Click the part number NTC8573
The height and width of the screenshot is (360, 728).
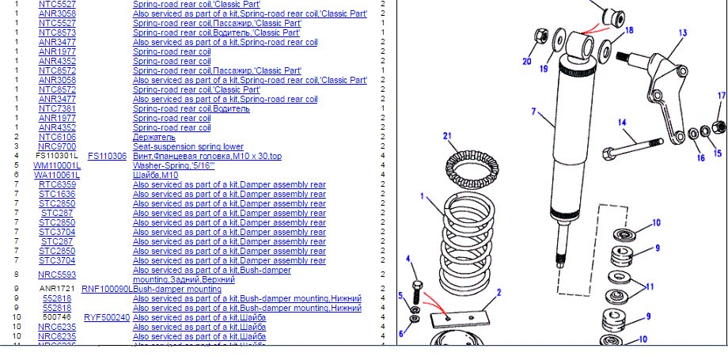tap(57, 32)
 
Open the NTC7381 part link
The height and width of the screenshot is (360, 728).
tap(57, 108)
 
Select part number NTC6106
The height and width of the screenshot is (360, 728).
tap(57, 137)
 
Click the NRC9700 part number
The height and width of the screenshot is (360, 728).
tap(57, 146)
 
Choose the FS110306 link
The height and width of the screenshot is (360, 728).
tap(107, 156)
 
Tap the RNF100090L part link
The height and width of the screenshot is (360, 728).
tap(107, 289)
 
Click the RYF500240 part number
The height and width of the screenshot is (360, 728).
tap(107, 317)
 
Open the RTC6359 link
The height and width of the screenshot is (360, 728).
tap(57, 184)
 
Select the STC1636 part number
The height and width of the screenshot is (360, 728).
tap(57, 194)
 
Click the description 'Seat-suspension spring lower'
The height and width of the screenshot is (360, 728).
tap(188, 146)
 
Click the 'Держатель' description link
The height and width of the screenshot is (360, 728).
tap(154, 137)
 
